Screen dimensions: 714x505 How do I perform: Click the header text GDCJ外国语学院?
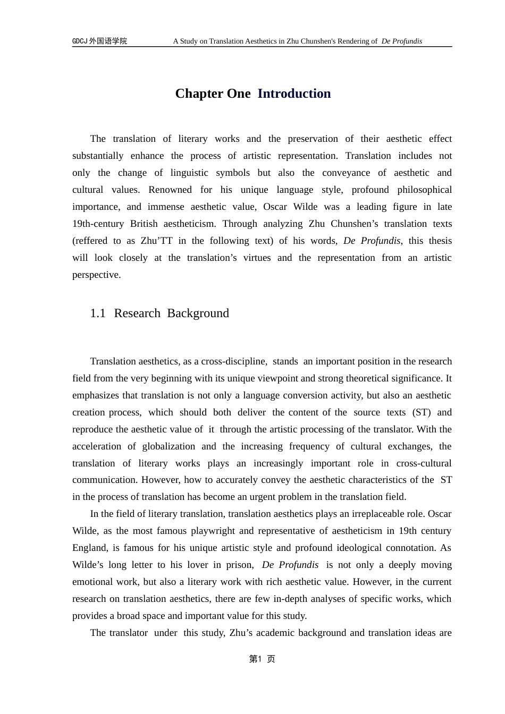tap(99, 41)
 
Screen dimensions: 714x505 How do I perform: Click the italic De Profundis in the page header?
tap(401, 41)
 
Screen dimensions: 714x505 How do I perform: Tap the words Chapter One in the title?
tap(213, 93)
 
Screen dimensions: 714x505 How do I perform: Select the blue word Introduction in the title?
tap(294, 93)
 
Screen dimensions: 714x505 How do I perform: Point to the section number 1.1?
tap(98, 313)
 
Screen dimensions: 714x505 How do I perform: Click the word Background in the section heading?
tap(198, 313)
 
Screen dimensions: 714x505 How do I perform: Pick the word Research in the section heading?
tap(137, 313)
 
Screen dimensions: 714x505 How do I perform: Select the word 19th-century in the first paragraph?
tap(98, 224)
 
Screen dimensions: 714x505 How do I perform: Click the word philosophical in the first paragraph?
tap(424, 190)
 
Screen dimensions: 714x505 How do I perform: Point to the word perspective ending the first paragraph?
tap(96, 275)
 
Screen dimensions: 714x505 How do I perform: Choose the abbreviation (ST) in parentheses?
tap(419, 412)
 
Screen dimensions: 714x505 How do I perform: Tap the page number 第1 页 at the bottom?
tap(262, 659)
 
